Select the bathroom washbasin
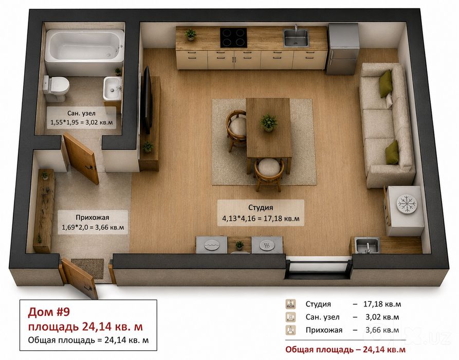point(113,88)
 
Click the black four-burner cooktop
point(233,38)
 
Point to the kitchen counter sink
point(296,38)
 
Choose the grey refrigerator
point(343,48)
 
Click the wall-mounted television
point(147,100)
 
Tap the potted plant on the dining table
point(268,122)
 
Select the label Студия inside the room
point(261,207)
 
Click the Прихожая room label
point(92,218)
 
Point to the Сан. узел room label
point(81,113)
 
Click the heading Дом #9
point(49,312)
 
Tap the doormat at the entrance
point(87,268)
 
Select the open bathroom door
point(81,158)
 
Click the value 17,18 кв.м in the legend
point(382,304)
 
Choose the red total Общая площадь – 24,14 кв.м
point(345,349)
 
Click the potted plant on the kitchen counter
point(191,34)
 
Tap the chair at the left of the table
point(236,130)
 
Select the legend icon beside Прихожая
point(291,330)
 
